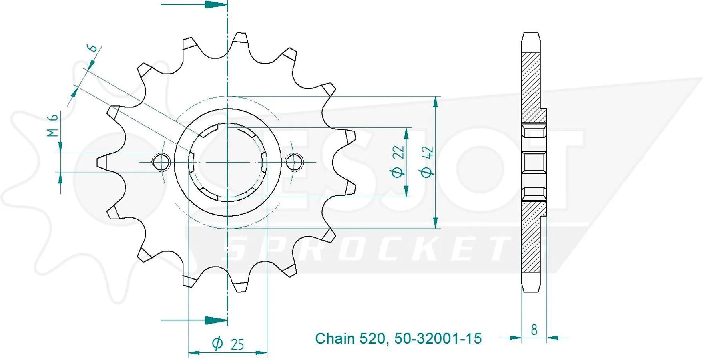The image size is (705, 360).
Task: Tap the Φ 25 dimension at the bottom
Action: [x=228, y=343]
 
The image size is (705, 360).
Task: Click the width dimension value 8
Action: [x=534, y=330]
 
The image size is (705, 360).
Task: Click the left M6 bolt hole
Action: [x=161, y=162]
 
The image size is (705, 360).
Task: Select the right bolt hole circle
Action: [x=295, y=162]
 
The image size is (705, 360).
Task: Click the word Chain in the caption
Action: [x=335, y=338]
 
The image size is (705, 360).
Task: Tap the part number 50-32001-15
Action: [x=438, y=338]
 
